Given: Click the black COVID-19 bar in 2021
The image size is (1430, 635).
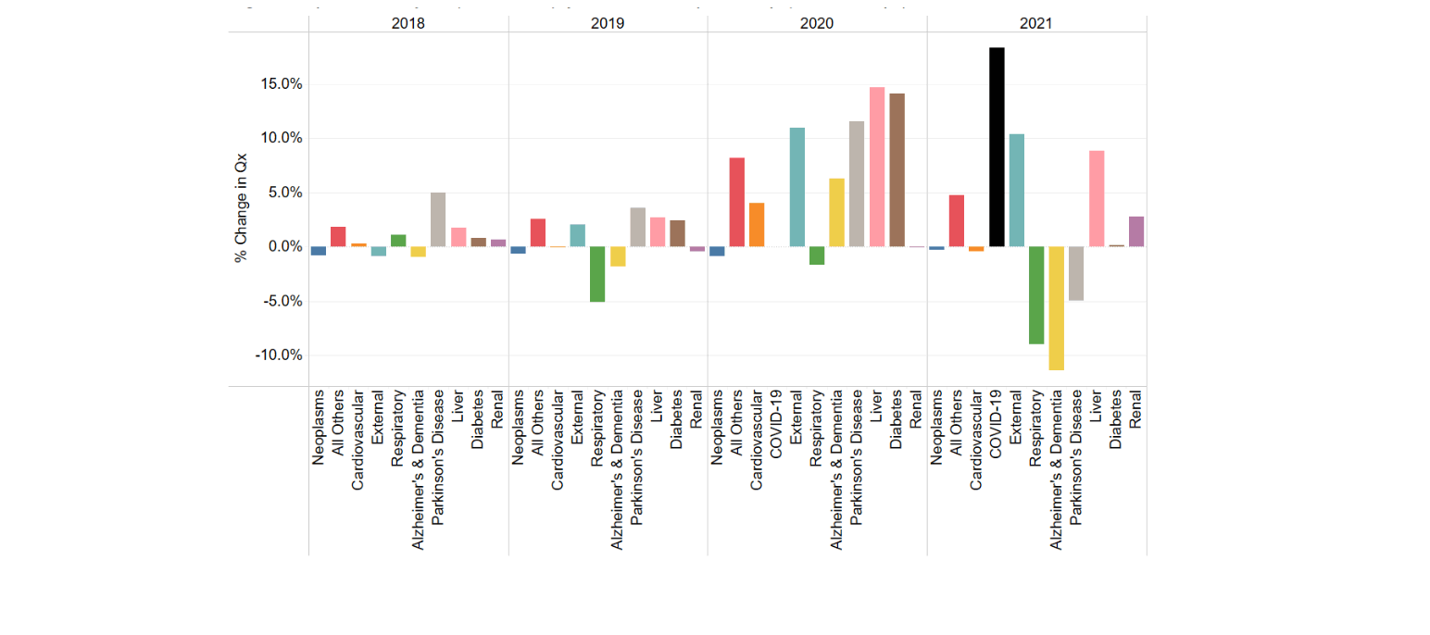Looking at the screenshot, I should (997, 147).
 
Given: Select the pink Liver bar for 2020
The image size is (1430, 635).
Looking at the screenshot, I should (876, 168).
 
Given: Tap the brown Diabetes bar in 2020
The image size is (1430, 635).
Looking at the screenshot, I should (897, 170).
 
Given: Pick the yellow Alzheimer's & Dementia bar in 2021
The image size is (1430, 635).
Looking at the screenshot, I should (1056, 308).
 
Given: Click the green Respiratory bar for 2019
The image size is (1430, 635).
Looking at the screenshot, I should (597, 274).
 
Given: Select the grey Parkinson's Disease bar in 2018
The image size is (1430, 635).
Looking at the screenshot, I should (438, 219).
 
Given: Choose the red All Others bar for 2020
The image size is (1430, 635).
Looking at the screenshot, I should (737, 202).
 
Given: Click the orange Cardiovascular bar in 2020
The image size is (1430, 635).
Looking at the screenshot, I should (757, 225).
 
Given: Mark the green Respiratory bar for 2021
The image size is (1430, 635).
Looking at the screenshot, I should (1036, 295).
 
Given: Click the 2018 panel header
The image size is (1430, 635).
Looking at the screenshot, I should (408, 24).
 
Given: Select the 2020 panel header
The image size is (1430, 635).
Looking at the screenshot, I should (817, 24).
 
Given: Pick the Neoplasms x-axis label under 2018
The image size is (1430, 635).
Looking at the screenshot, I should (319, 426).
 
